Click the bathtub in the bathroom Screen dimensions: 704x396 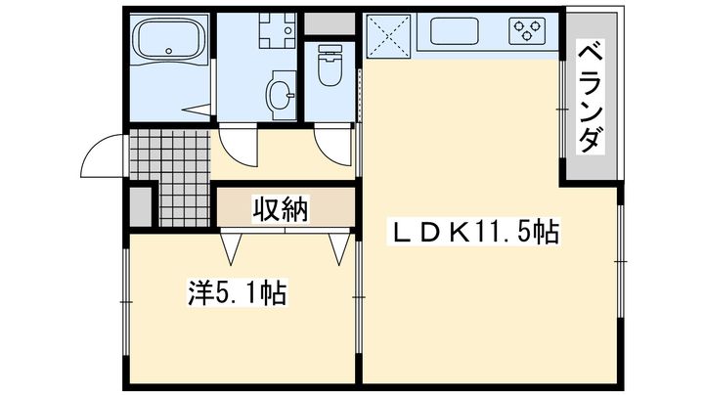click(x=170, y=39)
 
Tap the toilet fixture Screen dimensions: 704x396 click(x=330, y=65)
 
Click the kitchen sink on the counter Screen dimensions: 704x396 click(x=454, y=31)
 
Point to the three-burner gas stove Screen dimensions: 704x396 click(x=527, y=31)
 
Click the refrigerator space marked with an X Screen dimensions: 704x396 click(x=389, y=36)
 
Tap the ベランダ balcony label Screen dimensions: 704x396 click(x=590, y=96)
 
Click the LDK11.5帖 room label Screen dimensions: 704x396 click(x=473, y=232)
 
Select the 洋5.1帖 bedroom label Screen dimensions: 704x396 click(x=237, y=292)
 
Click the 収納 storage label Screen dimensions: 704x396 click(x=281, y=209)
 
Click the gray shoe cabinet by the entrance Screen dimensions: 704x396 click(x=141, y=207)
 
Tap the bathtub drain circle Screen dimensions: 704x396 click(x=169, y=51)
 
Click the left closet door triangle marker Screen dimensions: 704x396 click(x=232, y=248)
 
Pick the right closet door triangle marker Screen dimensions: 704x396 click(x=339, y=248)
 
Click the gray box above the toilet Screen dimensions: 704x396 click(x=330, y=23)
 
